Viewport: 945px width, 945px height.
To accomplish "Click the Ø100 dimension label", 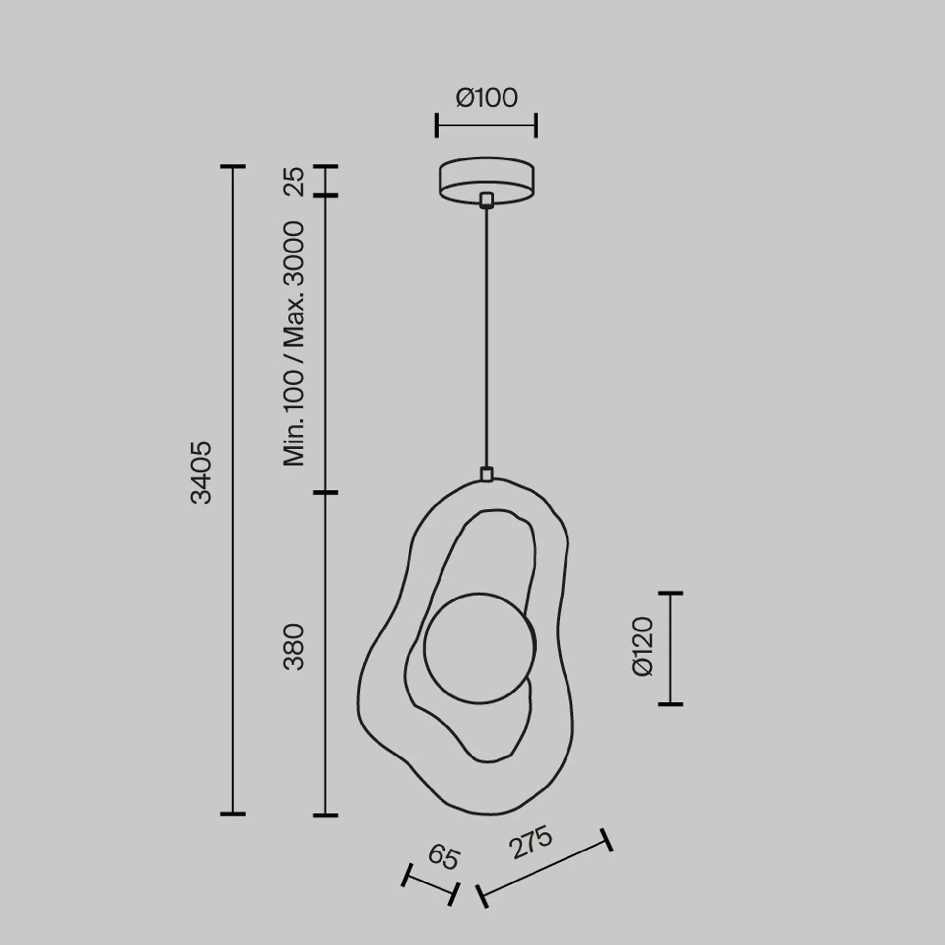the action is (487, 97).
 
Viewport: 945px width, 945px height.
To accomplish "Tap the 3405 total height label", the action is (201, 472).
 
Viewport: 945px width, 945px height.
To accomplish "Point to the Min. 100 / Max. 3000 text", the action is (294, 344).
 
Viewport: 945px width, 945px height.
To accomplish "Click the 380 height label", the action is (294, 647).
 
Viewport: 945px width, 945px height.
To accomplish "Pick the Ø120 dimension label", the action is (642, 647).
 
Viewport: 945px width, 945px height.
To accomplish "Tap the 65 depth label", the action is (443, 871).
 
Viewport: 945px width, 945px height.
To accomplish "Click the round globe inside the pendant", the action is (480, 647).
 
